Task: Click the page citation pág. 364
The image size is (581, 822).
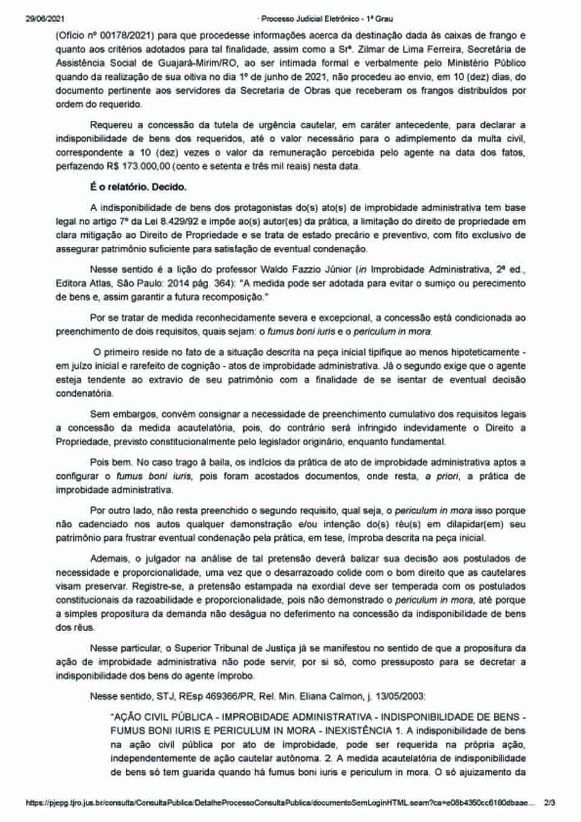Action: point(197,283)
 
